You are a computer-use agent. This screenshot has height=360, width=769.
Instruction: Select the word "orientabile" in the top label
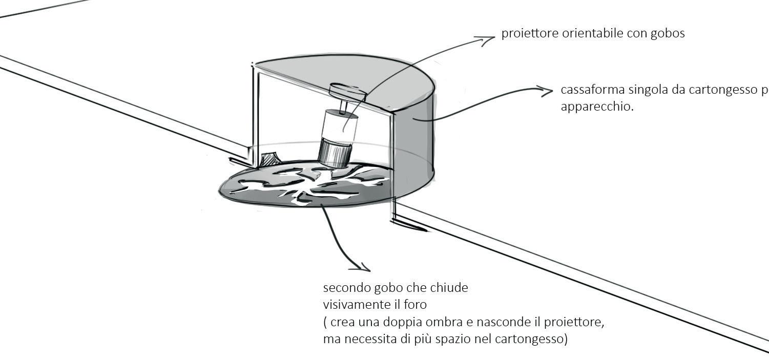click(580, 34)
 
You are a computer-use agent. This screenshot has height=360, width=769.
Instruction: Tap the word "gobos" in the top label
click(667, 34)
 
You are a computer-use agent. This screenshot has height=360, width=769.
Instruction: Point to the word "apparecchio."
click(597, 108)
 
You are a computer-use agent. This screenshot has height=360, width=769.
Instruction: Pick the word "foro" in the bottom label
click(415, 305)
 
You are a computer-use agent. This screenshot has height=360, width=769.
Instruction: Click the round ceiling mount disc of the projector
click(348, 91)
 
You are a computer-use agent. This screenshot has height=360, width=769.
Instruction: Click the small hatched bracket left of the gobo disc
click(269, 160)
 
